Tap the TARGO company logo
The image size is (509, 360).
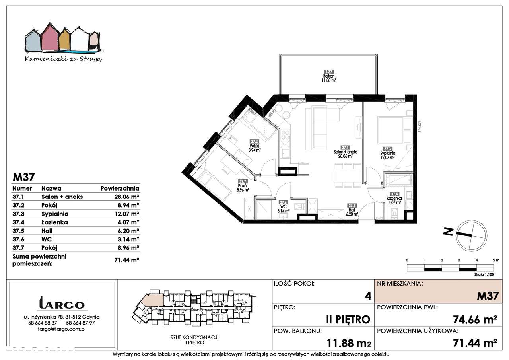point(62,304)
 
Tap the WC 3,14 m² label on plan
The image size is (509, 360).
point(283,208)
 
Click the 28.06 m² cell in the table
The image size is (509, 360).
point(126,197)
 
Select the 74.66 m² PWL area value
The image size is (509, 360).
point(475,319)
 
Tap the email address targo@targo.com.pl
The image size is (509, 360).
point(62,329)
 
